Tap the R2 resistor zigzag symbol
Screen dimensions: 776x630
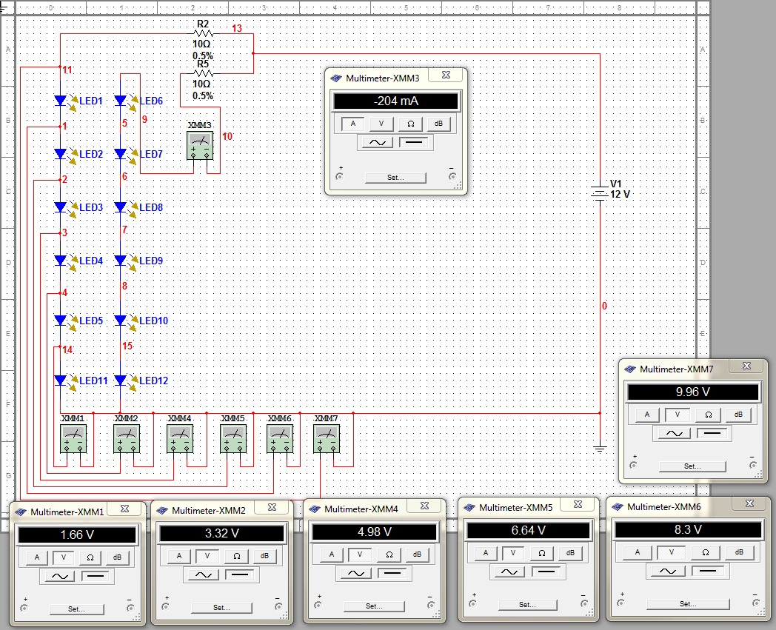tap(203, 33)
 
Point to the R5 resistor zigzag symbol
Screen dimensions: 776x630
tap(203, 74)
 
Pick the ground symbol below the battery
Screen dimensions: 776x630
tap(600, 449)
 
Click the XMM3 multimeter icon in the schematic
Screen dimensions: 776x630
tap(200, 146)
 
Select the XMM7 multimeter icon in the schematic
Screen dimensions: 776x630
tap(327, 438)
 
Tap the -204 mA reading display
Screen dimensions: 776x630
tap(396, 101)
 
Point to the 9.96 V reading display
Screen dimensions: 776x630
tap(693, 392)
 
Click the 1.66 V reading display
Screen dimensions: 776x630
tap(77, 535)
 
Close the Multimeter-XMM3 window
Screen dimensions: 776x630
tap(446, 75)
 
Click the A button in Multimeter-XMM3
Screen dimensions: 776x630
tap(353, 124)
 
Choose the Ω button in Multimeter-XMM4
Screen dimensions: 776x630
tap(389, 554)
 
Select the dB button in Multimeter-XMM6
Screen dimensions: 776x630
tap(739, 552)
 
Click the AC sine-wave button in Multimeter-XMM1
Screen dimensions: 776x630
tap(60, 576)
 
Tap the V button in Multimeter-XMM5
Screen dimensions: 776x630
tap(513, 553)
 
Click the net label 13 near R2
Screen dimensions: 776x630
tap(237, 28)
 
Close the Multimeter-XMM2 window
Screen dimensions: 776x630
tap(272, 507)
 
